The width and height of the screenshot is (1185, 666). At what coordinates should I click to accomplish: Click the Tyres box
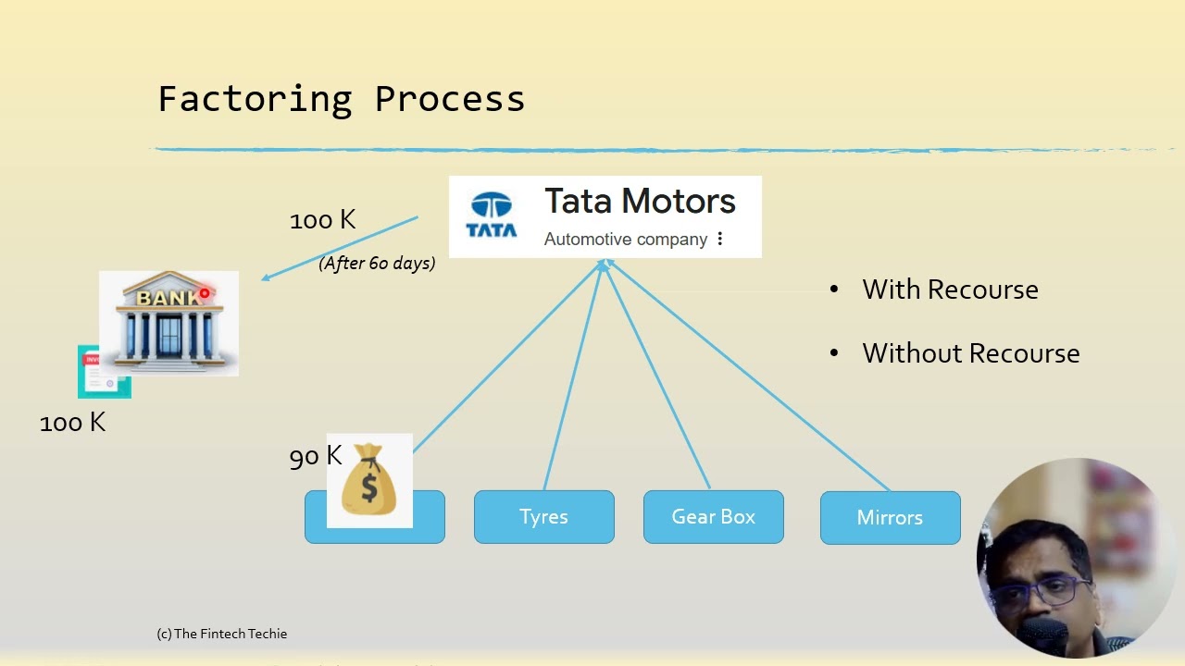click(543, 517)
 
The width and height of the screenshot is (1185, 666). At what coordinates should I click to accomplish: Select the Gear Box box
click(713, 517)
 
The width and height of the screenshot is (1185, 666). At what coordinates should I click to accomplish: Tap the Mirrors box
click(890, 518)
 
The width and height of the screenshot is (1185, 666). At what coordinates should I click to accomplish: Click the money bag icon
click(369, 480)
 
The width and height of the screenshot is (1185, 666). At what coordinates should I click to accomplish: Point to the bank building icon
click(168, 323)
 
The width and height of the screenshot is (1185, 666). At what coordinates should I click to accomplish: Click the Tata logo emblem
click(492, 216)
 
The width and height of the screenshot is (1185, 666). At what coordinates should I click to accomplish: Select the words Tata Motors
click(640, 202)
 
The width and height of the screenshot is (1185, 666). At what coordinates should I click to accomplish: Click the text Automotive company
click(626, 240)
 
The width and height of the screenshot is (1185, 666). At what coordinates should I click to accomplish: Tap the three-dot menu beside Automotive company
click(720, 240)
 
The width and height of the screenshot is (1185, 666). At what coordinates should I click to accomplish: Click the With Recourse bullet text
click(950, 290)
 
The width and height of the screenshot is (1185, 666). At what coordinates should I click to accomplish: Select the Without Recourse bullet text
click(970, 353)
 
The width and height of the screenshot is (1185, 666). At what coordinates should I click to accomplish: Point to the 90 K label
click(316, 456)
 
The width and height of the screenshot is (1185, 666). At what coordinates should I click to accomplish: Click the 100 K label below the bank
click(72, 423)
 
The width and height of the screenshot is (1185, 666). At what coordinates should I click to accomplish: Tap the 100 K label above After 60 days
click(322, 220)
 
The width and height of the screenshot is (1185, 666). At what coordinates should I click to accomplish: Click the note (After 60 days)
click(377, 264)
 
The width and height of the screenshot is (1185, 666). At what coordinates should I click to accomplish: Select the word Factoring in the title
click(255, 99)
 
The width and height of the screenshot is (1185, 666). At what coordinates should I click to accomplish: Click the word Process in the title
click(450, 99)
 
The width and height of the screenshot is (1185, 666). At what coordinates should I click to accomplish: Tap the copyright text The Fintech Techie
click(222, 634)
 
